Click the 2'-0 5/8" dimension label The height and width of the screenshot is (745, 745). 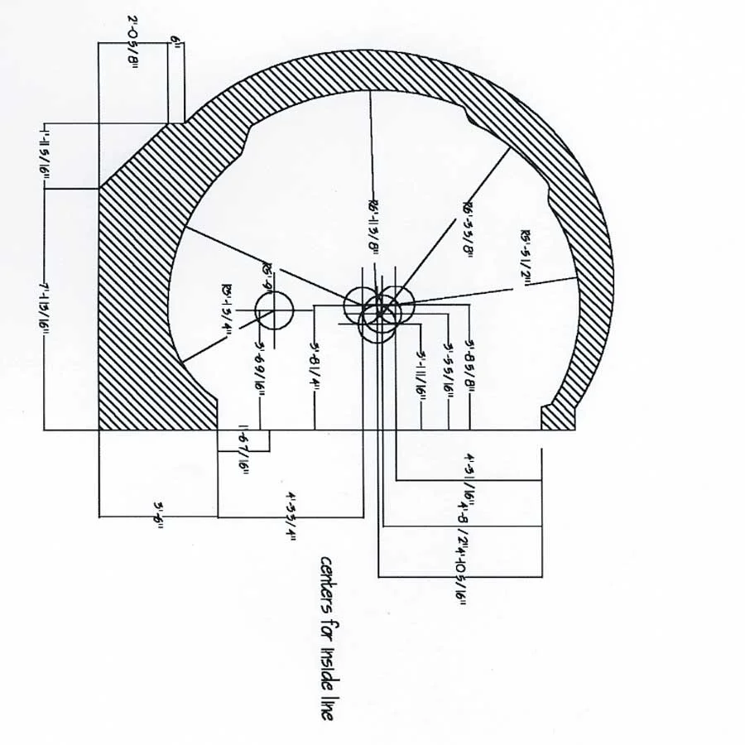tap(132, 43)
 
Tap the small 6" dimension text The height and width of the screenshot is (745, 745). tap(175, 41)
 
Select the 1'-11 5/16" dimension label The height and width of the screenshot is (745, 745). tap(42, 156)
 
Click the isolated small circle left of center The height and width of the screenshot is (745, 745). tap(274, 310)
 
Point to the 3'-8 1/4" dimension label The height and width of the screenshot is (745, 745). tap(315, 368)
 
